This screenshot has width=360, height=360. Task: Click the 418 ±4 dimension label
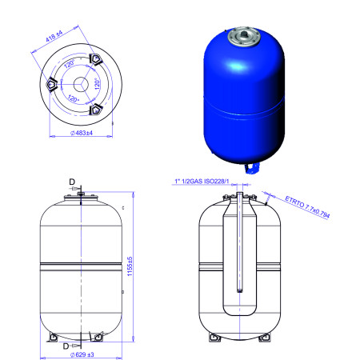[x=54, y=36]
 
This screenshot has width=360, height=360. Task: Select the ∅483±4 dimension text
[x=82, y=133]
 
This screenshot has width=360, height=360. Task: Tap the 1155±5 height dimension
[x=130, y=266]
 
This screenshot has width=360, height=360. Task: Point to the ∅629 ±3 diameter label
[x=82, y=354]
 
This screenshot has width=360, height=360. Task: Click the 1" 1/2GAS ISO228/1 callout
[x=202, y=181]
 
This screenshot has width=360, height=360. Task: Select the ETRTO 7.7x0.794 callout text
[x=307, y=207]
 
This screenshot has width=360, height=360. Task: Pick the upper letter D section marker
[x=72, y=182]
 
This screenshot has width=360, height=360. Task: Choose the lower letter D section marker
[x=66, y=346]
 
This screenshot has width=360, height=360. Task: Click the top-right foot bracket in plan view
[x=95, y=59]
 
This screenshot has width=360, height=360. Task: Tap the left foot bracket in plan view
[x=51, y=84]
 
